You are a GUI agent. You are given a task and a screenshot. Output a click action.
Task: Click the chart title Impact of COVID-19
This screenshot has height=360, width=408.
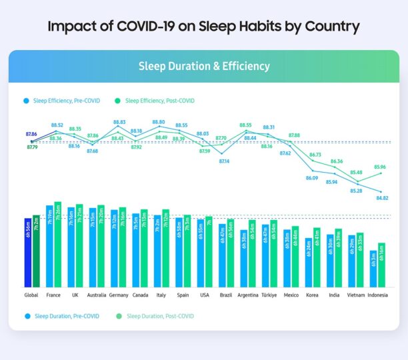point(203,27)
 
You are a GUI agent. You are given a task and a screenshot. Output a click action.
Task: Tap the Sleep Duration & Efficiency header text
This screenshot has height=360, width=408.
point(203,66)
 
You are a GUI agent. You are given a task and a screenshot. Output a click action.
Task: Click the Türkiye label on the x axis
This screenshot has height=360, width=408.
point(269,295)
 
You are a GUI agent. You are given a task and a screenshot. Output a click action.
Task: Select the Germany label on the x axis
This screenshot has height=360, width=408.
point(119,295)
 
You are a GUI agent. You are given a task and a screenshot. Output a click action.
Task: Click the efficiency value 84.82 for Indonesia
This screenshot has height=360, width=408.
point(382,198)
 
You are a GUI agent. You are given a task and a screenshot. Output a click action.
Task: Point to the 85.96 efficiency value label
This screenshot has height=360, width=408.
point(379,167)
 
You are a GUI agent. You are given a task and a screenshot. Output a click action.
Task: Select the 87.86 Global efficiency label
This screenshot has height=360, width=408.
point(31,135)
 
